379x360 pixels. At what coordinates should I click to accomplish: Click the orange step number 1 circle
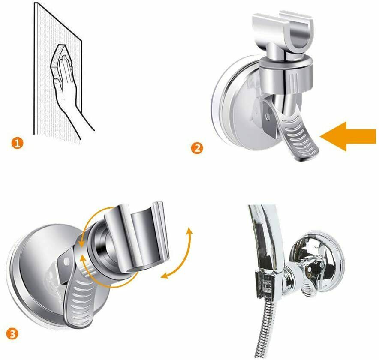click(x=18, y=143)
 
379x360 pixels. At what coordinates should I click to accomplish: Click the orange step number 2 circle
click(x=197, y=147)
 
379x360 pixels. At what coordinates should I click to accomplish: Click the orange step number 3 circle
click(x=12, y=334)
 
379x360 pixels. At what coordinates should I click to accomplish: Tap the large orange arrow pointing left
click(x=348, y=136)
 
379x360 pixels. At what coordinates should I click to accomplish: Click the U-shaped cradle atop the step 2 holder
click(x=283, y=34)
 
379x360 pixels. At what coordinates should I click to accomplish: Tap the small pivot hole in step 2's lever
click(x=267, y=117)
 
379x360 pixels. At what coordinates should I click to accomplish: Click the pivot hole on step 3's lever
click(x=66, y=261)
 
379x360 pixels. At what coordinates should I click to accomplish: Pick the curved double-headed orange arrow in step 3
click(x=179, y=254)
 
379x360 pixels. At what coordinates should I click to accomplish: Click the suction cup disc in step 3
click(x=36, y=273)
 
